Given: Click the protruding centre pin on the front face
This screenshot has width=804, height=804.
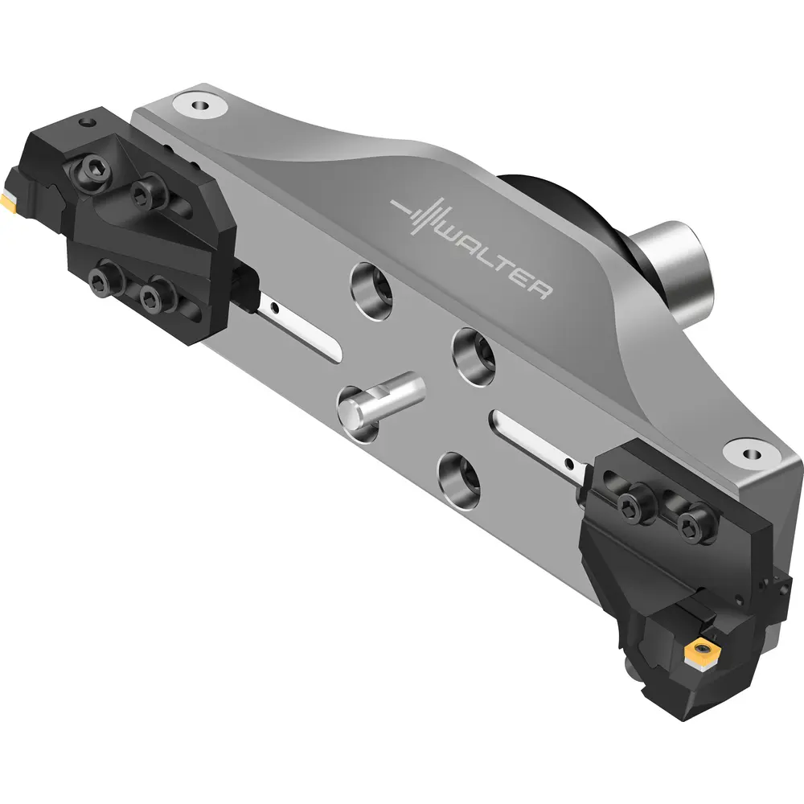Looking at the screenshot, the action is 380,399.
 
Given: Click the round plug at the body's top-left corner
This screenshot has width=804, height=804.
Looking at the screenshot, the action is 200,105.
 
